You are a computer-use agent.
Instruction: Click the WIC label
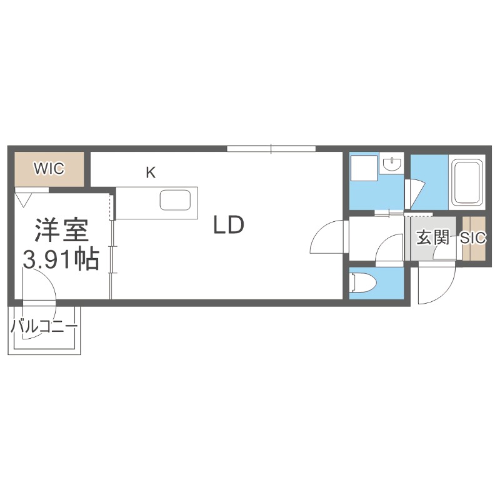pyautogui.click(x=49, y=169)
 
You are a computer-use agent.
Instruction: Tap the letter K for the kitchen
pyautogui.click(x=151, y=173)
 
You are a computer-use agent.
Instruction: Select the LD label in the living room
pyautogui.click(x=227, y=224)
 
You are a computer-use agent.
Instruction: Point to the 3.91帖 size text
pyautogui.click(x=61, y=258)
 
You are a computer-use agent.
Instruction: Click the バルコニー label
pyautogui.click(x=44, y=326)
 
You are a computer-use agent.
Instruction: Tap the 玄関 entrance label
pyautogui.click(x=433, y=237)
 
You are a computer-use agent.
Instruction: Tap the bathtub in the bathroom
pyautogui.click(x=467, y=182)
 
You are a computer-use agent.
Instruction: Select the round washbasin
pyautogui.click(x=392, y=165)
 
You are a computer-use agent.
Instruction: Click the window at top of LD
pyautogui.click(x=271, y=148)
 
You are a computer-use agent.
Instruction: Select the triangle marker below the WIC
pyautogui.click(x=24, y=199)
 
